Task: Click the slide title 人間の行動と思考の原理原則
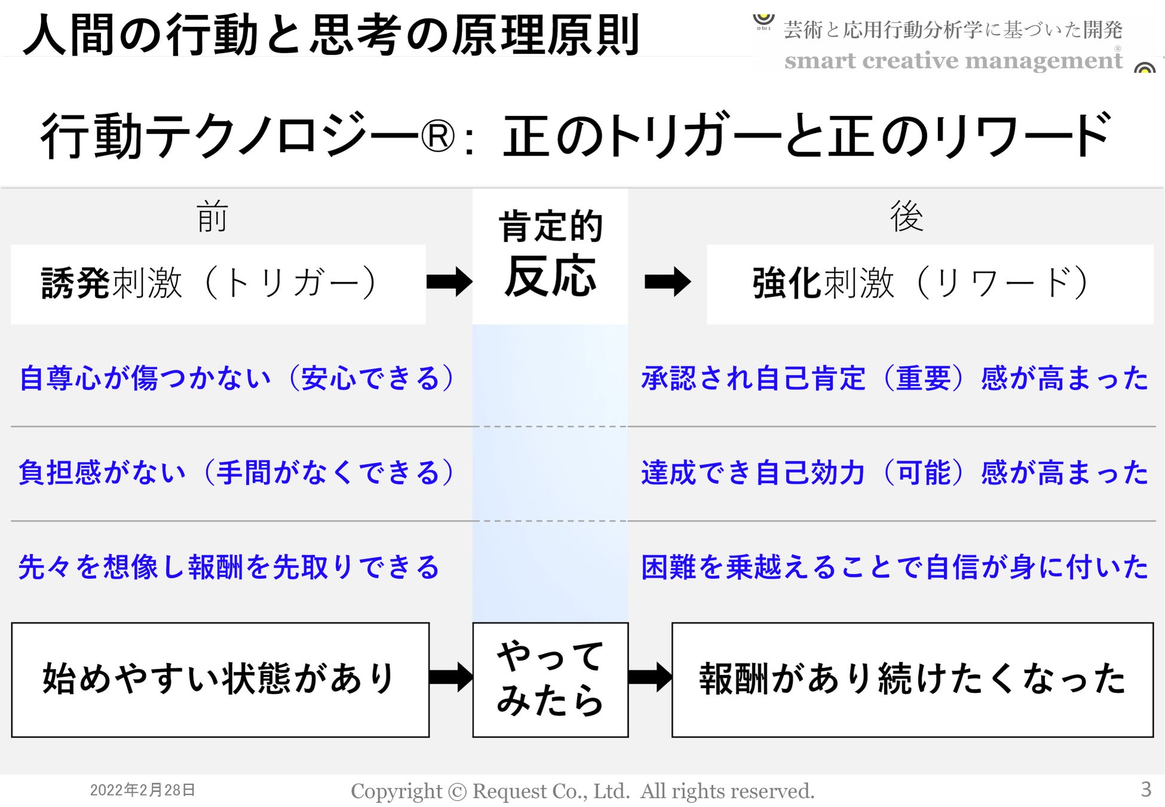click(331, 35)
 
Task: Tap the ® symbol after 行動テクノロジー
click(438, 137)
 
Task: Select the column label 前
click(212, 216)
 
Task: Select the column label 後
click(906, 216)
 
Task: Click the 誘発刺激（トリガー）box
click(218, 284)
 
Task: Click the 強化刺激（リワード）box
click(929, 284)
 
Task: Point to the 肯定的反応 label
click(550, 254)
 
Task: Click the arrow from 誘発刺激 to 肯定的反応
click(450, 282)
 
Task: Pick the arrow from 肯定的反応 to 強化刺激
click(668, 282)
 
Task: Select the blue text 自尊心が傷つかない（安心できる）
click(237, 378)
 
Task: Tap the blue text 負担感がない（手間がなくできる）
click(237, 472)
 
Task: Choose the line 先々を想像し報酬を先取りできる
click(229, 567)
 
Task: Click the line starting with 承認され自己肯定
click(894, 378)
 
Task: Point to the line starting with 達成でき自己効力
click(894, 472)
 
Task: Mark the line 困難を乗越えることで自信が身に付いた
click(894, 567)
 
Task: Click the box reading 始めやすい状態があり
click(220, 680)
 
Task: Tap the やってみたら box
click(550, 680)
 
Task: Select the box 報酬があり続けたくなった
click(912, 680)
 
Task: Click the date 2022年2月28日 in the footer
click(142, 790)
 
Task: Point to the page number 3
click(1145, 789)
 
